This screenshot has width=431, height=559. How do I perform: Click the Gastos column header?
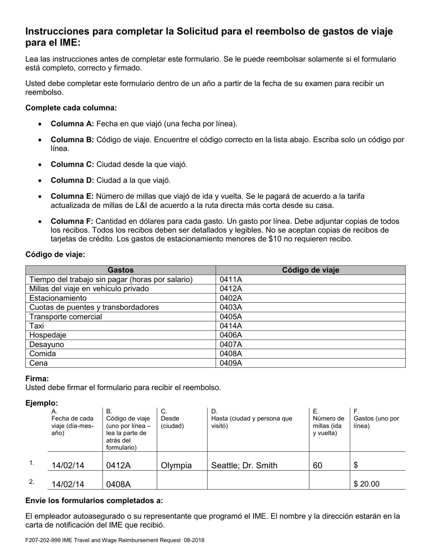120,270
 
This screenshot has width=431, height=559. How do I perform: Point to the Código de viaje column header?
310,270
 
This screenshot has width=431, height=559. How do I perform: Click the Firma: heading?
37,379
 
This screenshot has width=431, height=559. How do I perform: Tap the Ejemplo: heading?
42,403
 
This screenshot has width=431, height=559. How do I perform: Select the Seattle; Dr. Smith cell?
245,465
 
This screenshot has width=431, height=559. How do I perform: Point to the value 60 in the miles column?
318,465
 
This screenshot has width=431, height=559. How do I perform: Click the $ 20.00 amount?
367,484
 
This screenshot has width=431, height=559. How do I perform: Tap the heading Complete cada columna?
71,108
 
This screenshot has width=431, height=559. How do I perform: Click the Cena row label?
38,363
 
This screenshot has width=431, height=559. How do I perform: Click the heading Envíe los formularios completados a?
94,501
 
